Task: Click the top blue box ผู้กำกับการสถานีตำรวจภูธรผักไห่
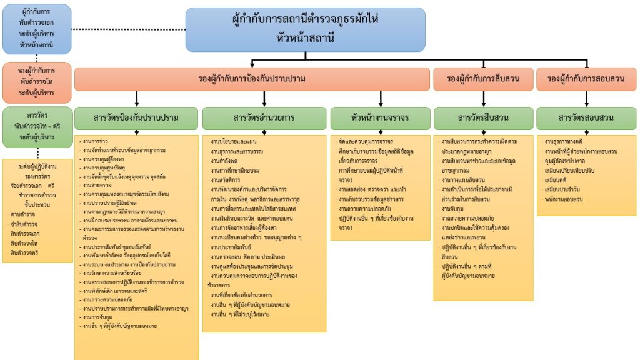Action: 305,29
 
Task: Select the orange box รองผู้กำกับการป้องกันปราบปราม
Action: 252,79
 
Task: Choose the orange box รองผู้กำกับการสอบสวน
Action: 586,79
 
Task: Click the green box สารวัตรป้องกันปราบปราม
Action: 136,117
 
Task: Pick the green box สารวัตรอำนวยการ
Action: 264,117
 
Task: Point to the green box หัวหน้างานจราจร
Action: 380,117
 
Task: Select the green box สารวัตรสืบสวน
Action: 482,117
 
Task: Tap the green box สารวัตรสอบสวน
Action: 586,117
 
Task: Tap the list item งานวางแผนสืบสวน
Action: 464,179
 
